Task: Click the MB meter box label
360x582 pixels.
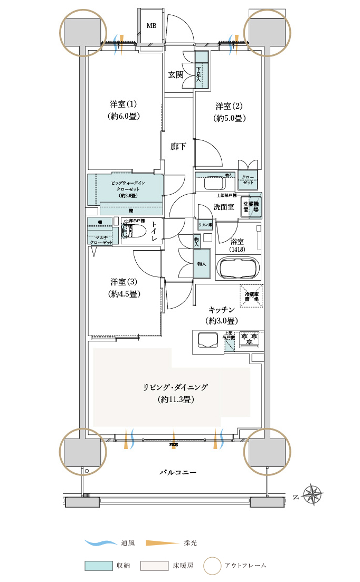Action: [x=151, y=26]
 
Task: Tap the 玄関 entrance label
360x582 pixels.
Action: [x=176, y=74]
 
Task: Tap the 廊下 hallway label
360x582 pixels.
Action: [x=178, y=147]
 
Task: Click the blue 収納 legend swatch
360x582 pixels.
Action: [x=99, y=566]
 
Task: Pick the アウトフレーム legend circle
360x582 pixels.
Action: [x=213, y=566]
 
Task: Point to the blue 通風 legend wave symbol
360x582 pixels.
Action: [x=100, y=542]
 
